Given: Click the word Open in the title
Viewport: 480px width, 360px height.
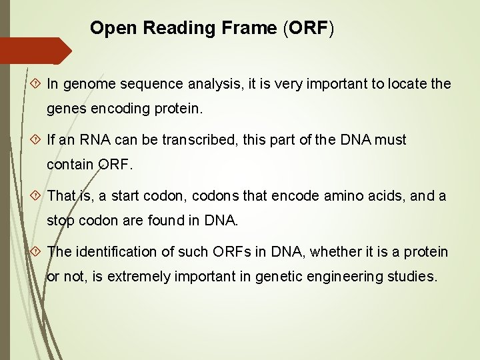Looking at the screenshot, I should click(x=113, y=28).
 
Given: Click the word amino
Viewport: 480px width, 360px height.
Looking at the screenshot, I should click(x=342, y=196).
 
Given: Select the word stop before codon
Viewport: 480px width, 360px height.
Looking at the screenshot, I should click(x=61, y=220).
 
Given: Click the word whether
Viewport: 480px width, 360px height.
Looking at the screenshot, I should click(x=335, y=252).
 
